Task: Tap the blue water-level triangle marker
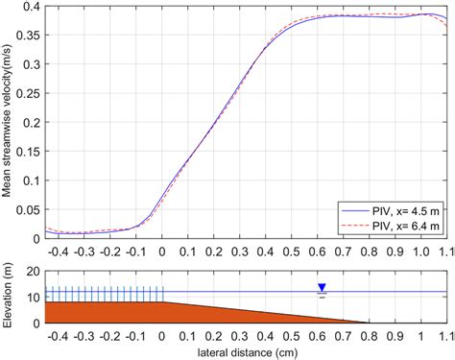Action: (x=322, y=286)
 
